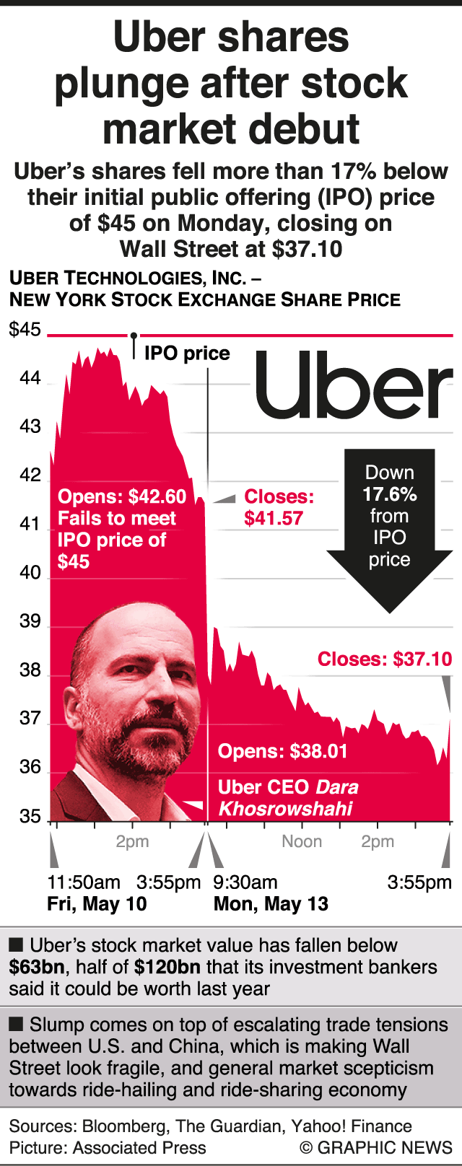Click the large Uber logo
coord(354,385)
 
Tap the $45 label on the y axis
coord(25,330)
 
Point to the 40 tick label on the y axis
coord(30,573)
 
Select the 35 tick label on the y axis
coord(30,816)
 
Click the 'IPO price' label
coord(187,354)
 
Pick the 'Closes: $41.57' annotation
coord(279,507)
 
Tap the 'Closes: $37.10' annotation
coord(385,659)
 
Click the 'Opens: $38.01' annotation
coord(283,751)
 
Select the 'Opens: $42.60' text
coord(122,496)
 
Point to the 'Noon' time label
coord(302,841)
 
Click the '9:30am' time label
coord(245,882)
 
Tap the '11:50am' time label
coord(84,882)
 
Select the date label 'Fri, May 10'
coord(97,903)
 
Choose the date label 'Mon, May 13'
coord(271,903)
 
